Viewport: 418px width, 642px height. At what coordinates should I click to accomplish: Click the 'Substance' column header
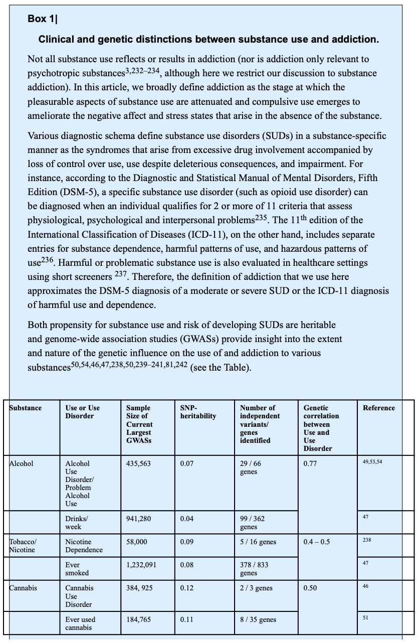tap(26, 408)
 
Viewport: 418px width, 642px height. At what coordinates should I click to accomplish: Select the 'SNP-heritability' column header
tap(198, 412)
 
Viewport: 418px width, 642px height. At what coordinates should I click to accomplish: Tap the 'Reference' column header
tap(379, 408)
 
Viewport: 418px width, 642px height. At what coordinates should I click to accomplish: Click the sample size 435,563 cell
tap(138, 463)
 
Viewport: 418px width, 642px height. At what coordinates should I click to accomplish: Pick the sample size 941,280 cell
tap(138, 519)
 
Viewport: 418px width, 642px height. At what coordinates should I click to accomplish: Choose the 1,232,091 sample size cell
tap(141, 565)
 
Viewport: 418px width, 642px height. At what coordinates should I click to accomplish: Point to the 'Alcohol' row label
tap(22, 463)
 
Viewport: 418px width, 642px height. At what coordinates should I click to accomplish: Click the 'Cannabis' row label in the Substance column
tap(23, 588)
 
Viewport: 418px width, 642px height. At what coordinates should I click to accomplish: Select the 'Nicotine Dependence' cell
tap(84, 546)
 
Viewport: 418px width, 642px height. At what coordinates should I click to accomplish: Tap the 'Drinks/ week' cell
tap(77, 523)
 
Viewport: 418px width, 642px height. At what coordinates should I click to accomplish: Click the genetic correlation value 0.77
tap(310, 463)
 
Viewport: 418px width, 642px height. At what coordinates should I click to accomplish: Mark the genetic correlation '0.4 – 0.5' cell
tap(317, 542)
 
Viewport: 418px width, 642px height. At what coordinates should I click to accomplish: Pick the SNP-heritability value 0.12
tap(187, 588)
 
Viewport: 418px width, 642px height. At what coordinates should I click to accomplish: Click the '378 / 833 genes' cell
tap(254, 569)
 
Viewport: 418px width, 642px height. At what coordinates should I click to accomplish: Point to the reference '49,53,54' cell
tap(372, 461)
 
